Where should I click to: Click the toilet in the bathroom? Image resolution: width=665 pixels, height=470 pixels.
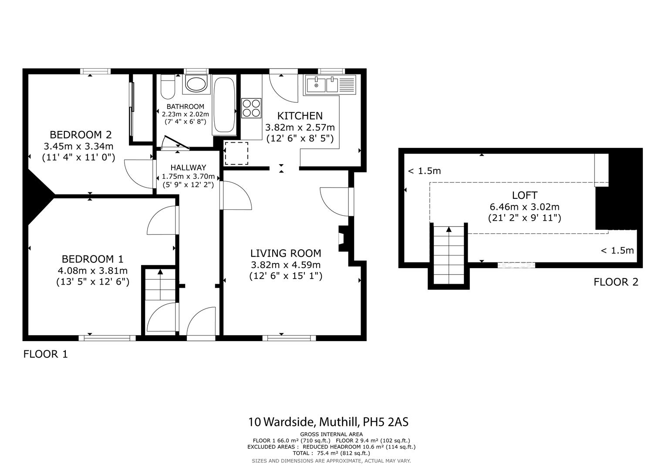pos(168,86)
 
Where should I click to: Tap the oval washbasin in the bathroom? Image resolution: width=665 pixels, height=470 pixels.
pos(196,84)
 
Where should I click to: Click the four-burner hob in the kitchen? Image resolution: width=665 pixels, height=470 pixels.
pos(251,108)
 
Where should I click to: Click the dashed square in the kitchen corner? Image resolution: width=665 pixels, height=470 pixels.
pos(236,153)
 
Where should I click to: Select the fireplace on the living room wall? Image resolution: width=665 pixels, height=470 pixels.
pos(342,238)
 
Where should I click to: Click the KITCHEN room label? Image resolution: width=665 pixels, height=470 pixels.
pos(300,116)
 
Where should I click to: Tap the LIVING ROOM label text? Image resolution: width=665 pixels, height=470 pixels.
pos(286,253)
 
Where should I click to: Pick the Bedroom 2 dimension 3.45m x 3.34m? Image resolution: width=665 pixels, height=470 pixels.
pos(78,146)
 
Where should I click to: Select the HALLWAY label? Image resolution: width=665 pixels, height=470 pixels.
pos(188,168)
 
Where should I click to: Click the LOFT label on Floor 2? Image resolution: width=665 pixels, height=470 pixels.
pos(524,195)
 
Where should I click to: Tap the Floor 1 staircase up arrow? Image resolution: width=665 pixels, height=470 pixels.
pos(160,272)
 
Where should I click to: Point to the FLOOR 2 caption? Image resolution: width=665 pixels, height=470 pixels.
pos(616,282)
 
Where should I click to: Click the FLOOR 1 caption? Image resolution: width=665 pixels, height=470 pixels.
pos(46,354)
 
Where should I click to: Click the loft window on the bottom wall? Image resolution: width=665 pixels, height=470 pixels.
pos(516,265)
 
